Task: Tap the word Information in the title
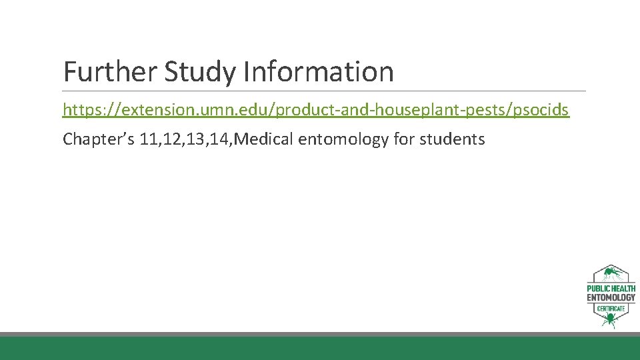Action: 319,71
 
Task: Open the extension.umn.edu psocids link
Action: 316,110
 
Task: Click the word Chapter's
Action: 99,139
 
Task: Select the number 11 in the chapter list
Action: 149,139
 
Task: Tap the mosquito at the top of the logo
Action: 610,273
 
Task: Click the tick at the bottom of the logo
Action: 609,321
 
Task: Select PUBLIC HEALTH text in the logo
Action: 611,289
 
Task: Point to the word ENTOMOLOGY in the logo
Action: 611,297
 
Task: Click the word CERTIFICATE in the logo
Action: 611,309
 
